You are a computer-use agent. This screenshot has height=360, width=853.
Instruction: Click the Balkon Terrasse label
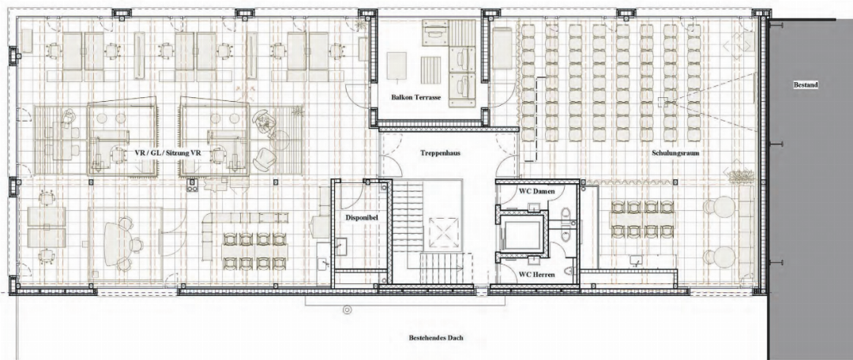point(415,98)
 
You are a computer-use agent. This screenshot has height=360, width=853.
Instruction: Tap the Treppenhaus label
point(441,153)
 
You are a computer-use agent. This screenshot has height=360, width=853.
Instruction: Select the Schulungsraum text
point(675,153)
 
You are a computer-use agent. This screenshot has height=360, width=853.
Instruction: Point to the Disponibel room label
point(362,217)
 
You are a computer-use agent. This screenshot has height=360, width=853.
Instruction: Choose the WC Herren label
point(537,276)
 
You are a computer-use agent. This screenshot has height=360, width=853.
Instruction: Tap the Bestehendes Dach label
point(436,338)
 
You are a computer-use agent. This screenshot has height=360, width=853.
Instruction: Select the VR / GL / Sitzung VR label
point(167,153)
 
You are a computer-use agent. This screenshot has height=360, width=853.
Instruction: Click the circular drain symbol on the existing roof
point(347,310)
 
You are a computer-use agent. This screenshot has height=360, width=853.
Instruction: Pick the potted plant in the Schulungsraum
point(739,175)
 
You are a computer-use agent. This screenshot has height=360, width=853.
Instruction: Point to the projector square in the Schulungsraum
point(662,101)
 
